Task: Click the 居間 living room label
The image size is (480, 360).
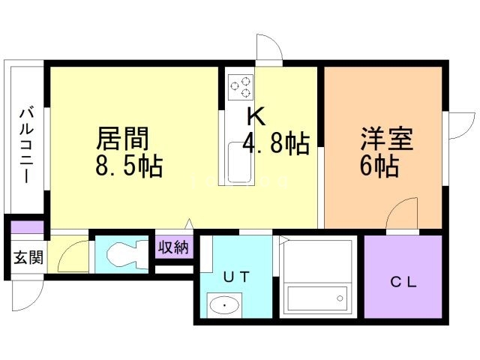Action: tap(123, 139)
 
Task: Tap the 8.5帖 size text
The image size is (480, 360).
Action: tap(129, 166)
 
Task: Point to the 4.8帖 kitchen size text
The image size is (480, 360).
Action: tap(275, 143)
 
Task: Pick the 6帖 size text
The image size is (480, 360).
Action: tap(379, 166)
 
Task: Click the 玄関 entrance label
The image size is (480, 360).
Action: tap(28, 257)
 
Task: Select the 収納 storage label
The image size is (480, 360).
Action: tap(173, 247)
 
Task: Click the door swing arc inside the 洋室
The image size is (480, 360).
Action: tap(403, 211)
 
